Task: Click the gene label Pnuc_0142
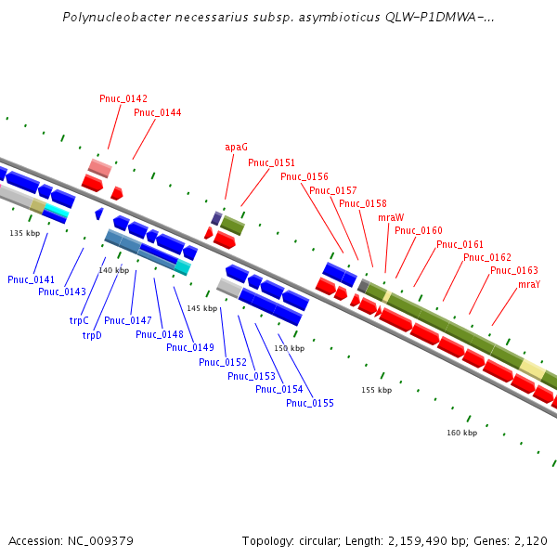(x=123, y=98)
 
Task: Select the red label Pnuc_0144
(x=158, y=113)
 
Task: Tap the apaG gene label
(x=236, y=147)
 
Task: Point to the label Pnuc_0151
(x=271, y=163)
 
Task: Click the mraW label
(x=391, y=217)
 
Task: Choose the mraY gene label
(x=529, y=284)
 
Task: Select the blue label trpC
(x=79, y=320)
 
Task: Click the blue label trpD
(x=92, y=335)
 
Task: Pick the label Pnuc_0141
(x=32, y=279)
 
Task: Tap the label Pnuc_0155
(x=310, y=403)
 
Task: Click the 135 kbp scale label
(x=25, y=234)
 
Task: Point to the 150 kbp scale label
(x=289, y=349)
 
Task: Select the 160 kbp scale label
(x=461, y=433)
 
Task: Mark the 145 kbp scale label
(x=201, y=308)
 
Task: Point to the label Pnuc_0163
(x=514, y=271)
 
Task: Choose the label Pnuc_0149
(x=190, y=347)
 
